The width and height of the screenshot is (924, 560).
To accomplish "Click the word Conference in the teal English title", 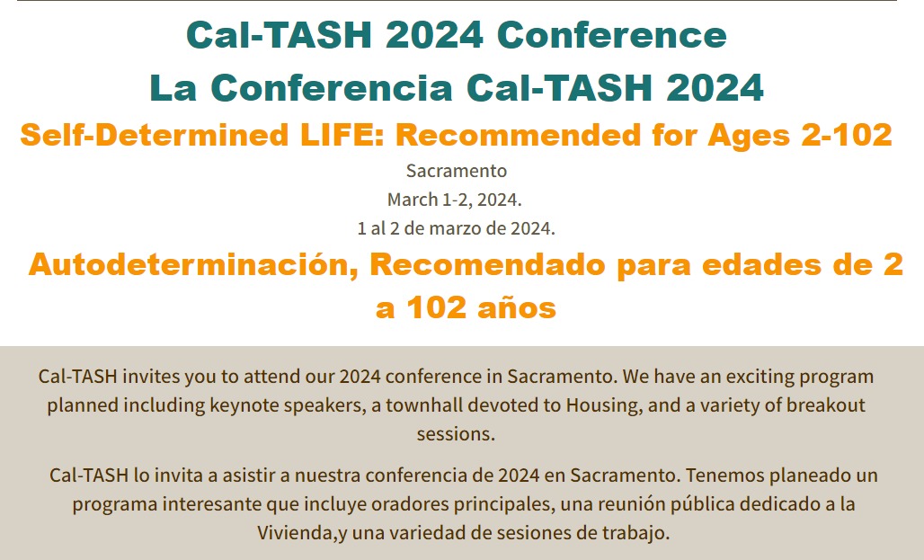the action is click(612, 35).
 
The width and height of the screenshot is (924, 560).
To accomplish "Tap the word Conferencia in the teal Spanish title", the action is click(331, 88).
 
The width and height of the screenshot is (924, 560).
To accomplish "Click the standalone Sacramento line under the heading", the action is click(457, 171).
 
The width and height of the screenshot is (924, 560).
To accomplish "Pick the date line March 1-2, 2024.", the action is click(454, 200).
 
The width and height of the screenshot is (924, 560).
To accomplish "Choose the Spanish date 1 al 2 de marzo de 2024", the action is click(456, 228).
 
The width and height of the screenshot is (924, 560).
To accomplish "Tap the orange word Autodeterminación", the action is click(193, 264).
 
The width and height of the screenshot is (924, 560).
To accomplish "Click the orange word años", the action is click(517, 307).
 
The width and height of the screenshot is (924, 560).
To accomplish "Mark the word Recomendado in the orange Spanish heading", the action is click(487, 264).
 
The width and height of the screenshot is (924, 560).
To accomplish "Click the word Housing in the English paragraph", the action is click(605, 405).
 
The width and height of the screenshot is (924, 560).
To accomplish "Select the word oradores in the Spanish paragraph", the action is click(406, 504).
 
